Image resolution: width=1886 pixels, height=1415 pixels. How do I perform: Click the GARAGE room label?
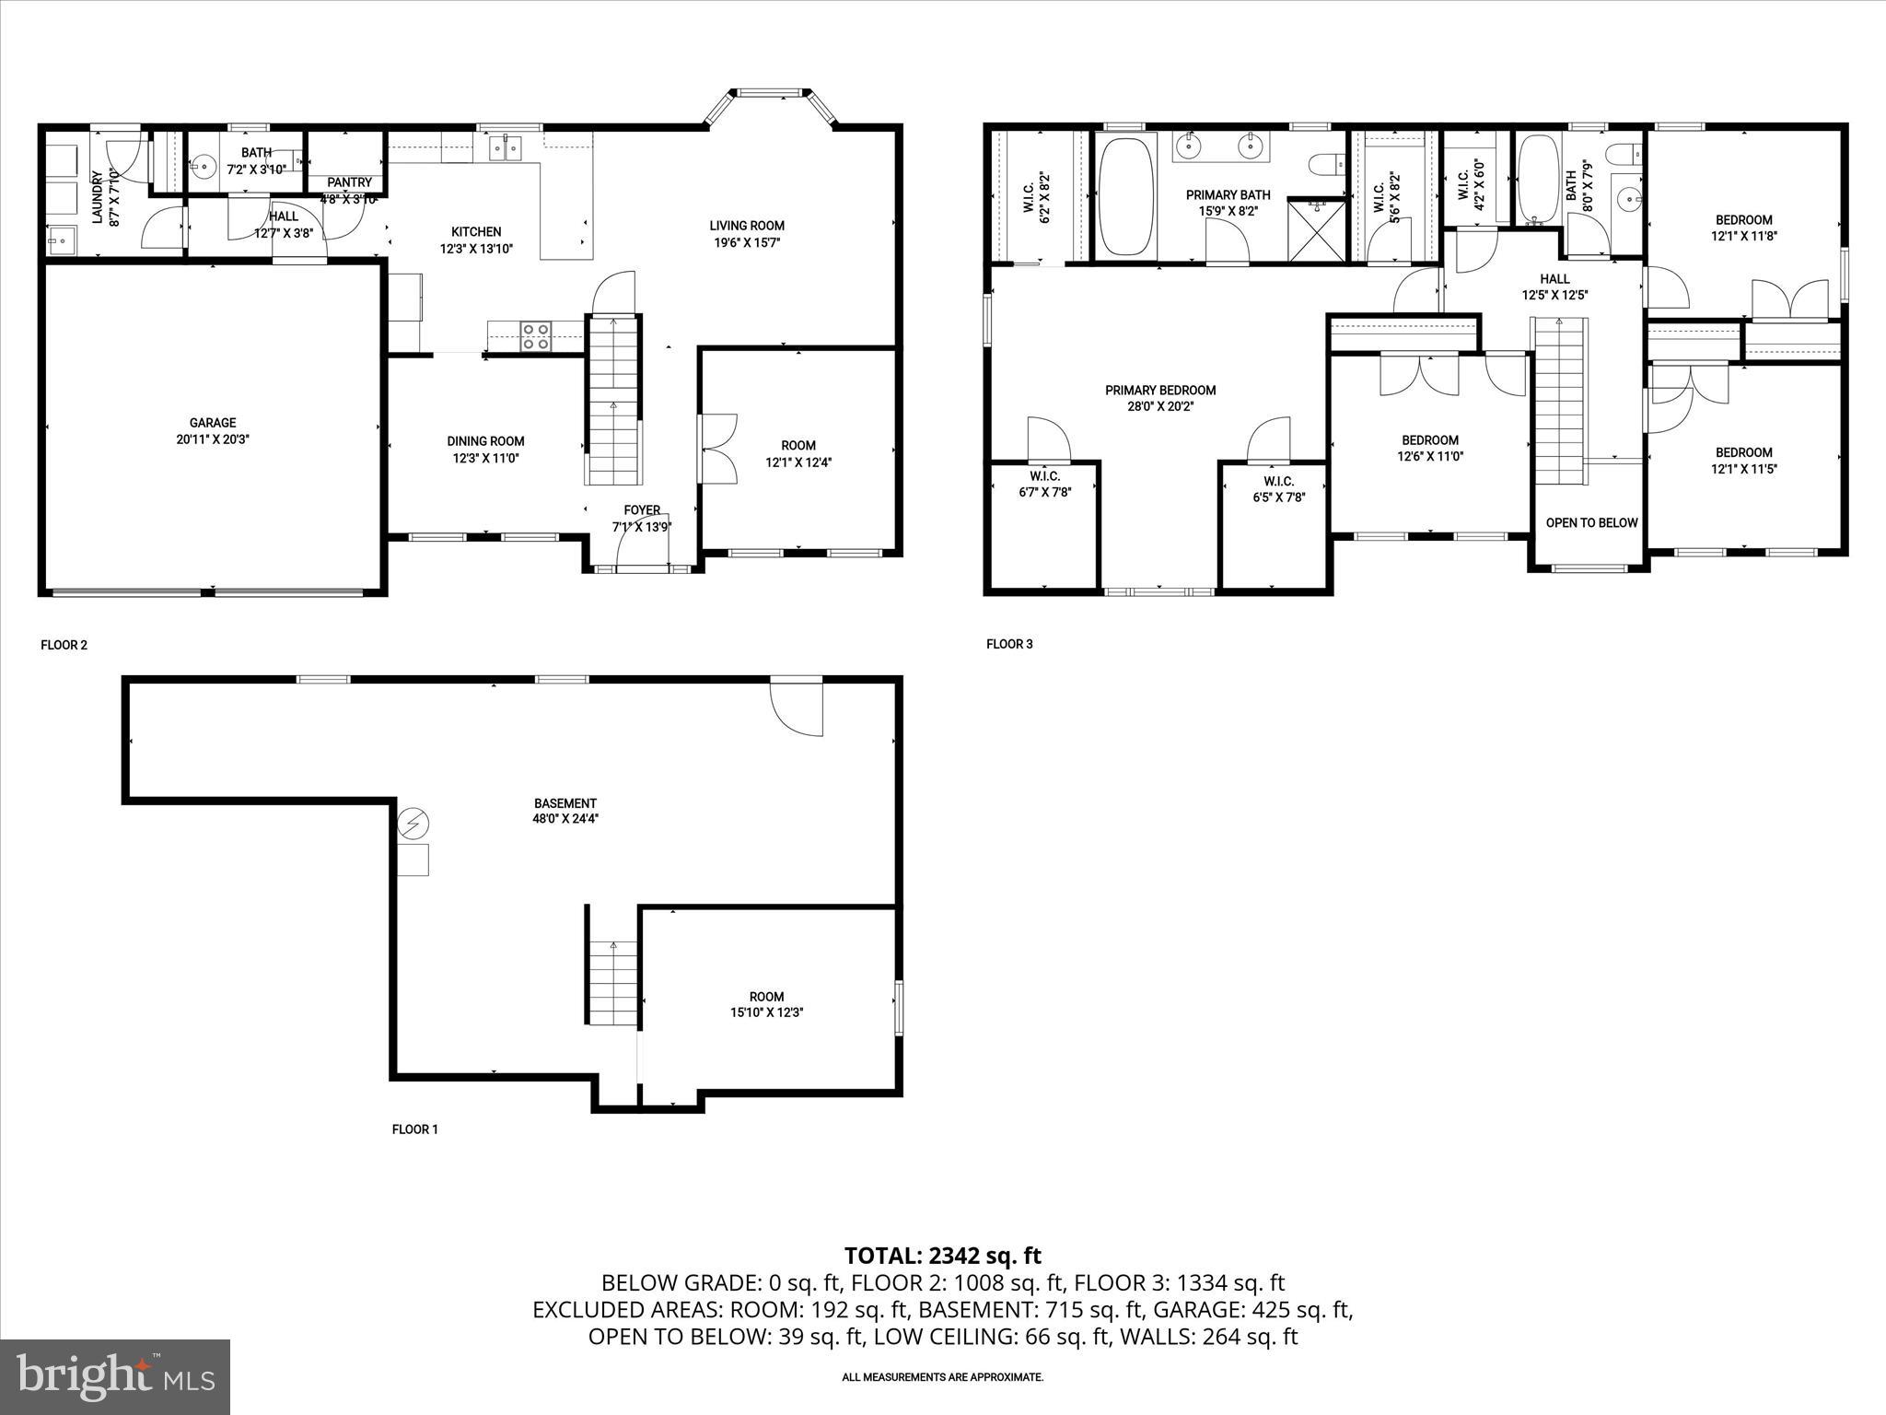(x=213, y=423)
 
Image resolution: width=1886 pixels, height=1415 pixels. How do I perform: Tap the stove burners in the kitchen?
(x=536, y=336)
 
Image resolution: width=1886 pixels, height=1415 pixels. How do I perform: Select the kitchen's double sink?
(x=504, y=146)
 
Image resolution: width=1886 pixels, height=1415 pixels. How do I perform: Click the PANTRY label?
(x=349, y=183)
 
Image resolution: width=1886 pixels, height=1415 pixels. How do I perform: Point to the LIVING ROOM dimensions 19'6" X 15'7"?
(x=747, y=242)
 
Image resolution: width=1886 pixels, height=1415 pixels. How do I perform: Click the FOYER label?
(x=642, y=509)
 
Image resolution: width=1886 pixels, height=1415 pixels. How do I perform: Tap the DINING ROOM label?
(x=485, y=441)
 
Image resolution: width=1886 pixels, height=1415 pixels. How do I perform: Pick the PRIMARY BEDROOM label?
(x=1160, y=391)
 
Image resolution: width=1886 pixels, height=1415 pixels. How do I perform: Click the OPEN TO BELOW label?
(x=1591, y=522)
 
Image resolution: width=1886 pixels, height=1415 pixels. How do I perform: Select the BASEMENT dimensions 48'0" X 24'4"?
(x=565, y=818)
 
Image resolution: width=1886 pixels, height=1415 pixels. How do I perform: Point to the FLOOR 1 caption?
(x=415, y=1129)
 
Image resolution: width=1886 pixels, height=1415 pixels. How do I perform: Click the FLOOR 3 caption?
(x=1009, y=644)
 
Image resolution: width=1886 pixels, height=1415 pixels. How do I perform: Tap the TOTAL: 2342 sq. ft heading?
(x=942, y=1255)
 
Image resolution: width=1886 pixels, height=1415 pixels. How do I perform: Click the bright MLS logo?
(x=115, y=1376)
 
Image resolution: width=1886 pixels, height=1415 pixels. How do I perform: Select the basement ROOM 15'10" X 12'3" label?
(x=766, y=996)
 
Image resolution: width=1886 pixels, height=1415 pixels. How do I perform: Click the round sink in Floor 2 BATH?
(x=202, y=169)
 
